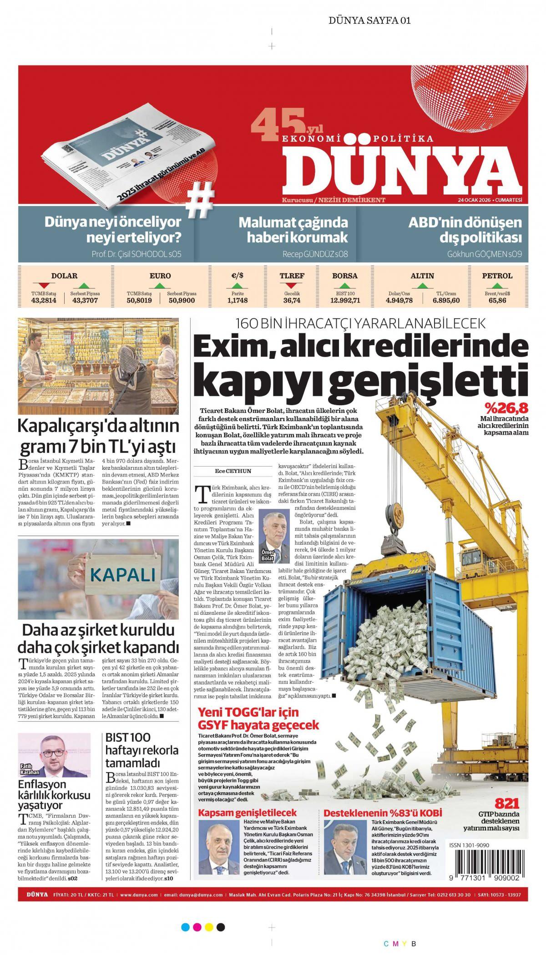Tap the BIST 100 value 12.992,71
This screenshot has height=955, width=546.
pos(345,300)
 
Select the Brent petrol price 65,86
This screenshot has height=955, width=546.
pos(497,300)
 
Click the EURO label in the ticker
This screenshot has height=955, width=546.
pos(160,276)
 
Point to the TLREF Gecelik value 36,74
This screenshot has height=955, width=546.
pos(292,300)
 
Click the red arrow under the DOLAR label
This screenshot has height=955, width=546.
pos(45,286)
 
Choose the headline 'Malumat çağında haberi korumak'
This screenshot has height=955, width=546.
pos(293,230)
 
